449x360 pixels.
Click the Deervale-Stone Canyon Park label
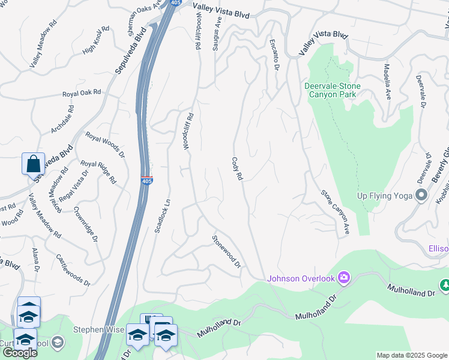332,91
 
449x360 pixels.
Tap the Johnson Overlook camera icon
344,277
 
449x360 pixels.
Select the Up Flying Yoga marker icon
421,195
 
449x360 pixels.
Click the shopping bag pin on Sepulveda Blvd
33,163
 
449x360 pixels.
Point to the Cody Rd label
237,169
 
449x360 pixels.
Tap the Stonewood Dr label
226,251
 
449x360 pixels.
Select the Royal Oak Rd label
82,94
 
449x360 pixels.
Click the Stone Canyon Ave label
335,212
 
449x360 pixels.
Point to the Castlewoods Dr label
73,269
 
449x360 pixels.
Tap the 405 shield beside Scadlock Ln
147,180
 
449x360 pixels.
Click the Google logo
19,352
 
